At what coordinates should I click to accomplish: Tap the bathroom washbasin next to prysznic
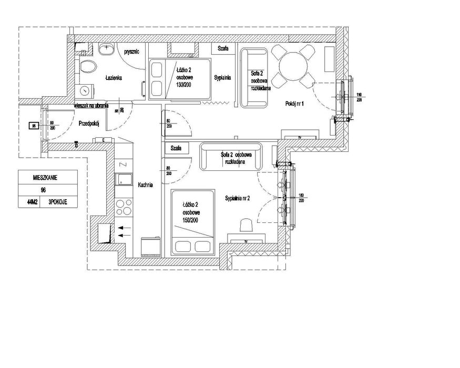(x=107, y=49)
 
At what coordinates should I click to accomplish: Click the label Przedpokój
(x=89, y=124)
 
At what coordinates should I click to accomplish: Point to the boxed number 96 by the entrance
(x=33, y=126)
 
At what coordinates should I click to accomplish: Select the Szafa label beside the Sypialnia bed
(x=220, y=49)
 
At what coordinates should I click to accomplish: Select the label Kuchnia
(x=146, y=185)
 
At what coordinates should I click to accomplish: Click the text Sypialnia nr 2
(x=241, y=198)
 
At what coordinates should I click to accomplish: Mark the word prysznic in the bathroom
(x=131, y=53)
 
